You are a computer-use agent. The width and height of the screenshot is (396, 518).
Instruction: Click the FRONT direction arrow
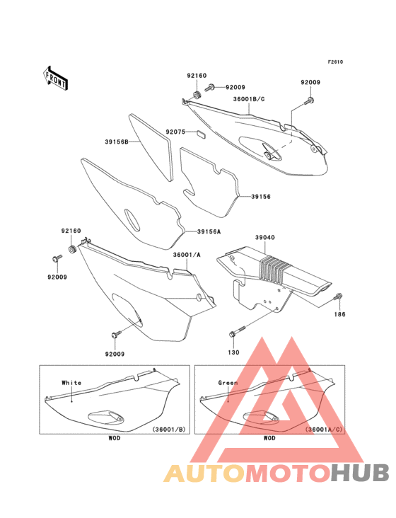tap(55, 78)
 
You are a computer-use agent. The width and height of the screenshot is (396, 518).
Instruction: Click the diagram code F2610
tap(335, 62)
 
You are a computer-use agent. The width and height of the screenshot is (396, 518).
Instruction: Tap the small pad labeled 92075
tap(200, 133)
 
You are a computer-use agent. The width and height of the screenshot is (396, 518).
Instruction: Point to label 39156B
tap(117, 142)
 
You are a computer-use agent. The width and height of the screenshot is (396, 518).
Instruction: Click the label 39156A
tap(209, 232)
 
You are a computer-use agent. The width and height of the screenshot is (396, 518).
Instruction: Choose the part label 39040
tap(265, 237)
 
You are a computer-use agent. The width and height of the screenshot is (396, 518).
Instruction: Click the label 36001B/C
tap(249, 99)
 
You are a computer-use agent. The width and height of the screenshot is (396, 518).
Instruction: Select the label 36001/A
tap(187, 255)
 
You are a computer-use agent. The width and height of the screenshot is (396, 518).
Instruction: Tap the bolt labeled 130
tap(238, 332)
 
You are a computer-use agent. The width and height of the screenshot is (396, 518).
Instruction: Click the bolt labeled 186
tap(338, 297)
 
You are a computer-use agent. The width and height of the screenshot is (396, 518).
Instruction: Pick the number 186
tap(339, 314)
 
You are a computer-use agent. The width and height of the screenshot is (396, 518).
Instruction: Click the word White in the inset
tap(71, 383)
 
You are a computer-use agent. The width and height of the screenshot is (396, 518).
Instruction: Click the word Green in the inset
tap(228, 383)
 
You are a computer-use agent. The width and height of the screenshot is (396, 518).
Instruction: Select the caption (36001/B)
tap(169, 430)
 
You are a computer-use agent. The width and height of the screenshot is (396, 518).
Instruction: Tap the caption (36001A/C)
tap(324, 430)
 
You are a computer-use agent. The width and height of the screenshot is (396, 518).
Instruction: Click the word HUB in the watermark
tap(361, 473)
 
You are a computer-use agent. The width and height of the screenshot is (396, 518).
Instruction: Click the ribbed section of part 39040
tap(274, 268)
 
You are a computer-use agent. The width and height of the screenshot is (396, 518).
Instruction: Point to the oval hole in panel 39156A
tap(132, 219)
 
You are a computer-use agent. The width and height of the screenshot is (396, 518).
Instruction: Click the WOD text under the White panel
tap(115, 438)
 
